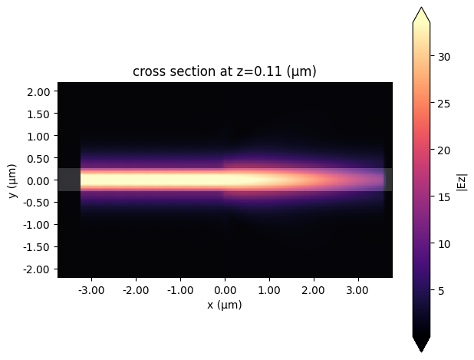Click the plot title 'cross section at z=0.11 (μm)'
(225, 71)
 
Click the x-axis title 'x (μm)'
(225, 305)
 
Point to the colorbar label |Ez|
(461, 182)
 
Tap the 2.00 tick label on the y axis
(38, 91)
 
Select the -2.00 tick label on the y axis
(37, 269)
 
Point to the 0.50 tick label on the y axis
(38, 158)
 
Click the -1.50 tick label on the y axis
(37, 247)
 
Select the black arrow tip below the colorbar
(421, 346)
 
